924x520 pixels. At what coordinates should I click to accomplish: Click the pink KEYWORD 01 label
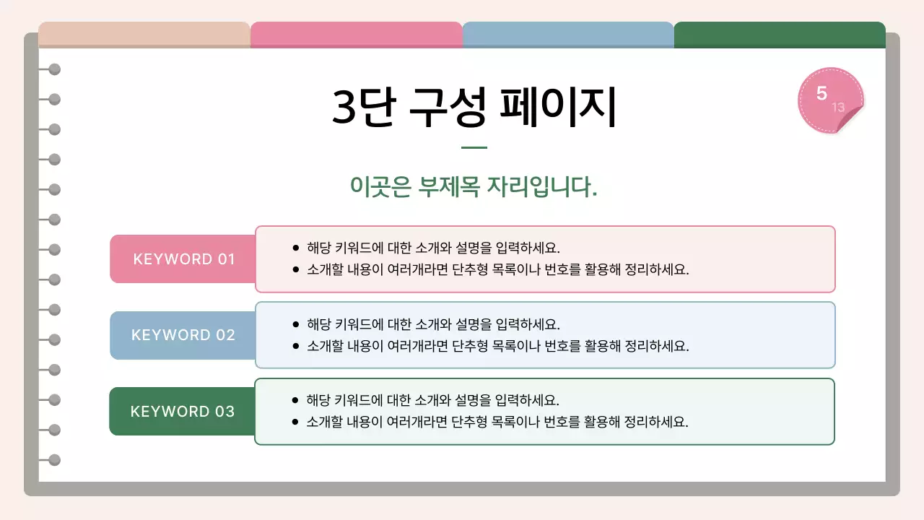click(184, 259)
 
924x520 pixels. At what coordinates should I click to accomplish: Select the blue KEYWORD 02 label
click(183, 335)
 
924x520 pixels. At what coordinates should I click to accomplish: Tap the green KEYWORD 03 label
click(183, 412)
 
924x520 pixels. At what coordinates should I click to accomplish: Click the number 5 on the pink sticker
click(821, 93)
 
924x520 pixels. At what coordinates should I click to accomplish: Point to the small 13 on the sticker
click(838, 108)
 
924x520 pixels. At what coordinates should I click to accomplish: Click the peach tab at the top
click(144, 35)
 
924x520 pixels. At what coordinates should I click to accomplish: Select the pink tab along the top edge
click(357, 35)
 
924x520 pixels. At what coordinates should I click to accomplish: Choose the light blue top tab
click(568, 35)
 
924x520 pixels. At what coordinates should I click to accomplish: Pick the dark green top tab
click(780, 35)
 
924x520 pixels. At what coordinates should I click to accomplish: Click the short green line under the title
click(474, 148)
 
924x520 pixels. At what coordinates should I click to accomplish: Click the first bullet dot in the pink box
click(295, 248)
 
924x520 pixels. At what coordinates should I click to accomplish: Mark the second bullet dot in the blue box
click(295, 346)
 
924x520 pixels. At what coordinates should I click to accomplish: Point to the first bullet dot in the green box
click(295, 400)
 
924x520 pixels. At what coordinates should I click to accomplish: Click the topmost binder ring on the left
click(54, 69)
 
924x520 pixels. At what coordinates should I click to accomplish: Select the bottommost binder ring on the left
click(54, 460)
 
